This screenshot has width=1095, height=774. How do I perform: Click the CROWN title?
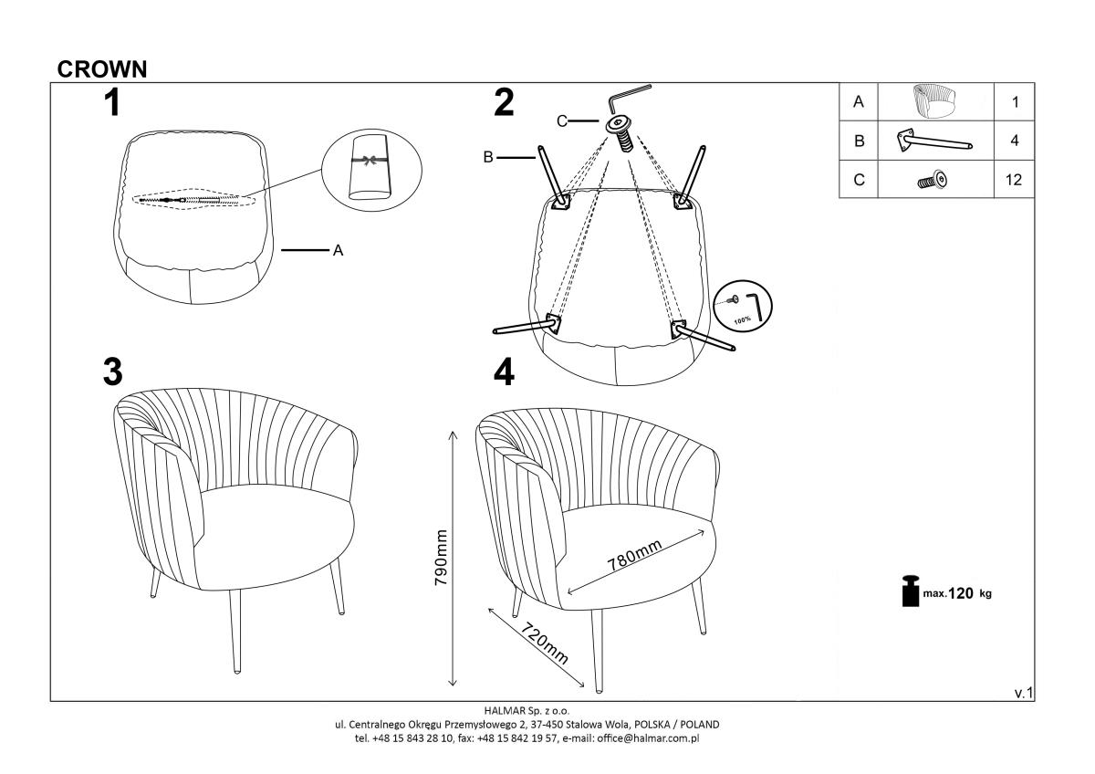coord(102,69)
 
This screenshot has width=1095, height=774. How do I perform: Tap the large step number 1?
coord(112,102)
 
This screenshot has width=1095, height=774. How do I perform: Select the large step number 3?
coord(113,372)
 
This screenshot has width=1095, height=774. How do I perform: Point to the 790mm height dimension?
coord(441,557)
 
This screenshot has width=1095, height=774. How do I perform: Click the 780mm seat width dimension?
coord(634,555)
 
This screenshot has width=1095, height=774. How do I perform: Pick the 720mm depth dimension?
coord(545,643)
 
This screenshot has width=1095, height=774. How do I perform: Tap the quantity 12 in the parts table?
coord(1014,180)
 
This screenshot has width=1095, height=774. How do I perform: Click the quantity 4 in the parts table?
coord(1015,141)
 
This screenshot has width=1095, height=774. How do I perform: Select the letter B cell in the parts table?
coord(859,141)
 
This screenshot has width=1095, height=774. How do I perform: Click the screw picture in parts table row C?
coord(933,181)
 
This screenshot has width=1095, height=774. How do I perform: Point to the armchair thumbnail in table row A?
coord(934,101)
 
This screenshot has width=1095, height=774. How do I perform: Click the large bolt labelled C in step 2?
coord(620,132)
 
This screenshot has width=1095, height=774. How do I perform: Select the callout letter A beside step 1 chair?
coord(338,251)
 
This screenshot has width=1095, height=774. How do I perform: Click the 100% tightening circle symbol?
coord(743,307)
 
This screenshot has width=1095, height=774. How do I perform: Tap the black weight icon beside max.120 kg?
coord(911,591)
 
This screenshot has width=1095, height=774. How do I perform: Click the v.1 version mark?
coord(1024,694)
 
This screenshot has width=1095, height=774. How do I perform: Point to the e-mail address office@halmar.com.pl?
coord(648,738)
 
